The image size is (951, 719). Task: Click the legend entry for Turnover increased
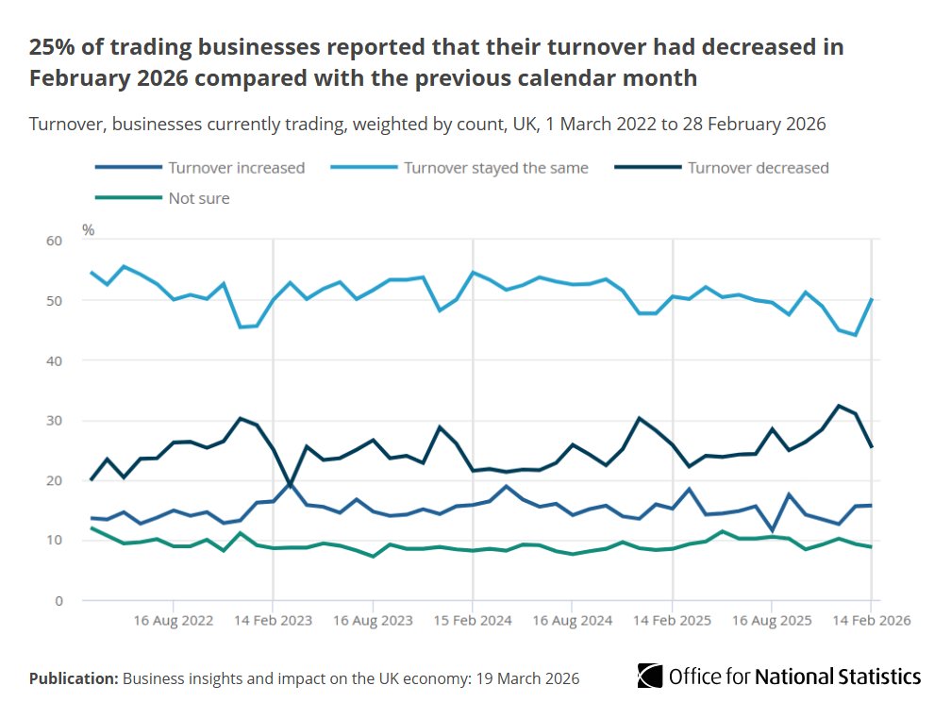(236, 168)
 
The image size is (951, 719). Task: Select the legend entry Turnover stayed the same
(495, 168)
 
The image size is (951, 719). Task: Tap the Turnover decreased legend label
(758, 168)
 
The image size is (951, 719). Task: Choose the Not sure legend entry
(198, 198)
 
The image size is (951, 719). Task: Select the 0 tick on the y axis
(58, 601)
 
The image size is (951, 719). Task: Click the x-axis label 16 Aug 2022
(174, 621)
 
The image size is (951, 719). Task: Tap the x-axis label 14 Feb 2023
(273, 621)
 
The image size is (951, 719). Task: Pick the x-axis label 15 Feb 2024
(473, 621)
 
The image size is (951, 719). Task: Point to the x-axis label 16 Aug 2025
(772, 621)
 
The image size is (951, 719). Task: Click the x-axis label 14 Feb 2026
(870, 621)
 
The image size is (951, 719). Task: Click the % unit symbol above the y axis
(88, 229)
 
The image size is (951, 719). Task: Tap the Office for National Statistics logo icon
(649, 677)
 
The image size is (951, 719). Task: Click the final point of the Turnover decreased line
(871, 446)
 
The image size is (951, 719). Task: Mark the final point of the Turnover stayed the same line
(871, 299)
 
